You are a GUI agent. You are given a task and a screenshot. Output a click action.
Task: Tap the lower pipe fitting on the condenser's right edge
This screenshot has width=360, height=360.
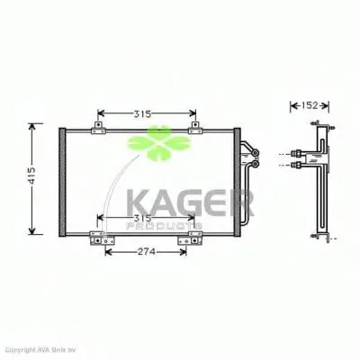255,166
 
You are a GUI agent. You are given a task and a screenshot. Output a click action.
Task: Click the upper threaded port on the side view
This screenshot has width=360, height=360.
298,153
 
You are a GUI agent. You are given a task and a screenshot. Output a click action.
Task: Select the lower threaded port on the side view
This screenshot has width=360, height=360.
298,166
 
